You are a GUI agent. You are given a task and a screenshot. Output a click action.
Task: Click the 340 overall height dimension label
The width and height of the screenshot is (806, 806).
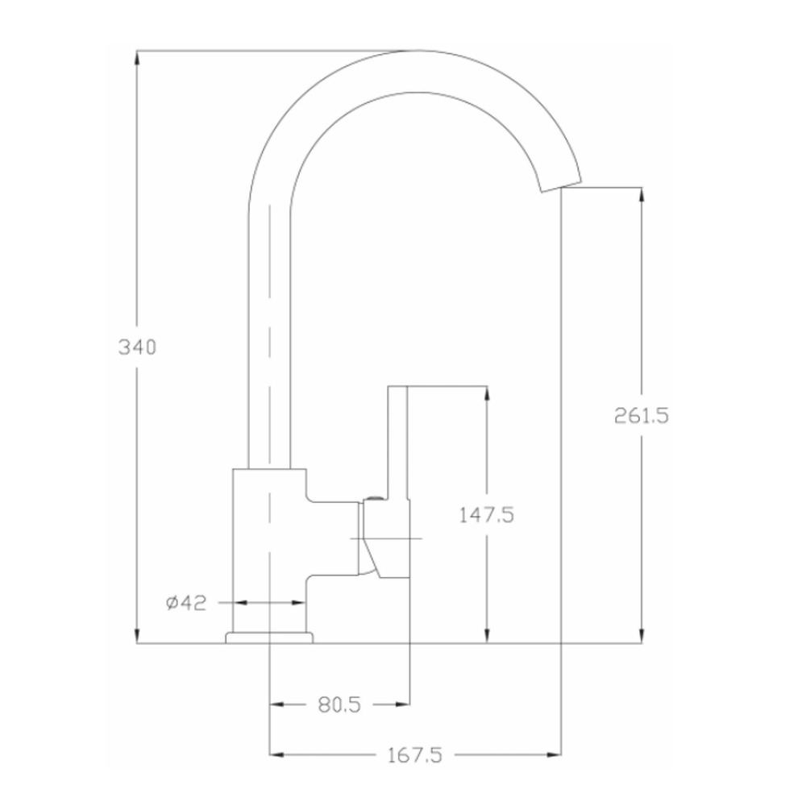(137, 347)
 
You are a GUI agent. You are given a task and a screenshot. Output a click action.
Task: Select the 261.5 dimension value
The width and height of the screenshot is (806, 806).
(642, 415)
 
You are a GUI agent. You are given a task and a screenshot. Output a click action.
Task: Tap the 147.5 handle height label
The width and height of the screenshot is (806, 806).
(486, 514)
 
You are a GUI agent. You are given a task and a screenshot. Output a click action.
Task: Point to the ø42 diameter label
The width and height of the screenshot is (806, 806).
(186, 602)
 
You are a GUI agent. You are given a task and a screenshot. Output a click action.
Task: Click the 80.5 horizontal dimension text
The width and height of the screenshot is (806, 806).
(339, 704)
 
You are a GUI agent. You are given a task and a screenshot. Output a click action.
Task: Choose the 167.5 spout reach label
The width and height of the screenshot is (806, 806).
(414, 755)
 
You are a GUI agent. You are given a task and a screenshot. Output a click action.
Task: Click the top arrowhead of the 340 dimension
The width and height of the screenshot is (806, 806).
(137, 57)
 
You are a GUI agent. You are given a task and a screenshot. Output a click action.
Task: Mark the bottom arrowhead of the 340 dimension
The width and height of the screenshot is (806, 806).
(137, 636)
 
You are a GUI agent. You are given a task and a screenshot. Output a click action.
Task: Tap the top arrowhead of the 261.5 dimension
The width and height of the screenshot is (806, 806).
(641, 195)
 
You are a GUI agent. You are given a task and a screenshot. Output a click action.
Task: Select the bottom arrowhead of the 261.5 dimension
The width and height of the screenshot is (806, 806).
(641, 636)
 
